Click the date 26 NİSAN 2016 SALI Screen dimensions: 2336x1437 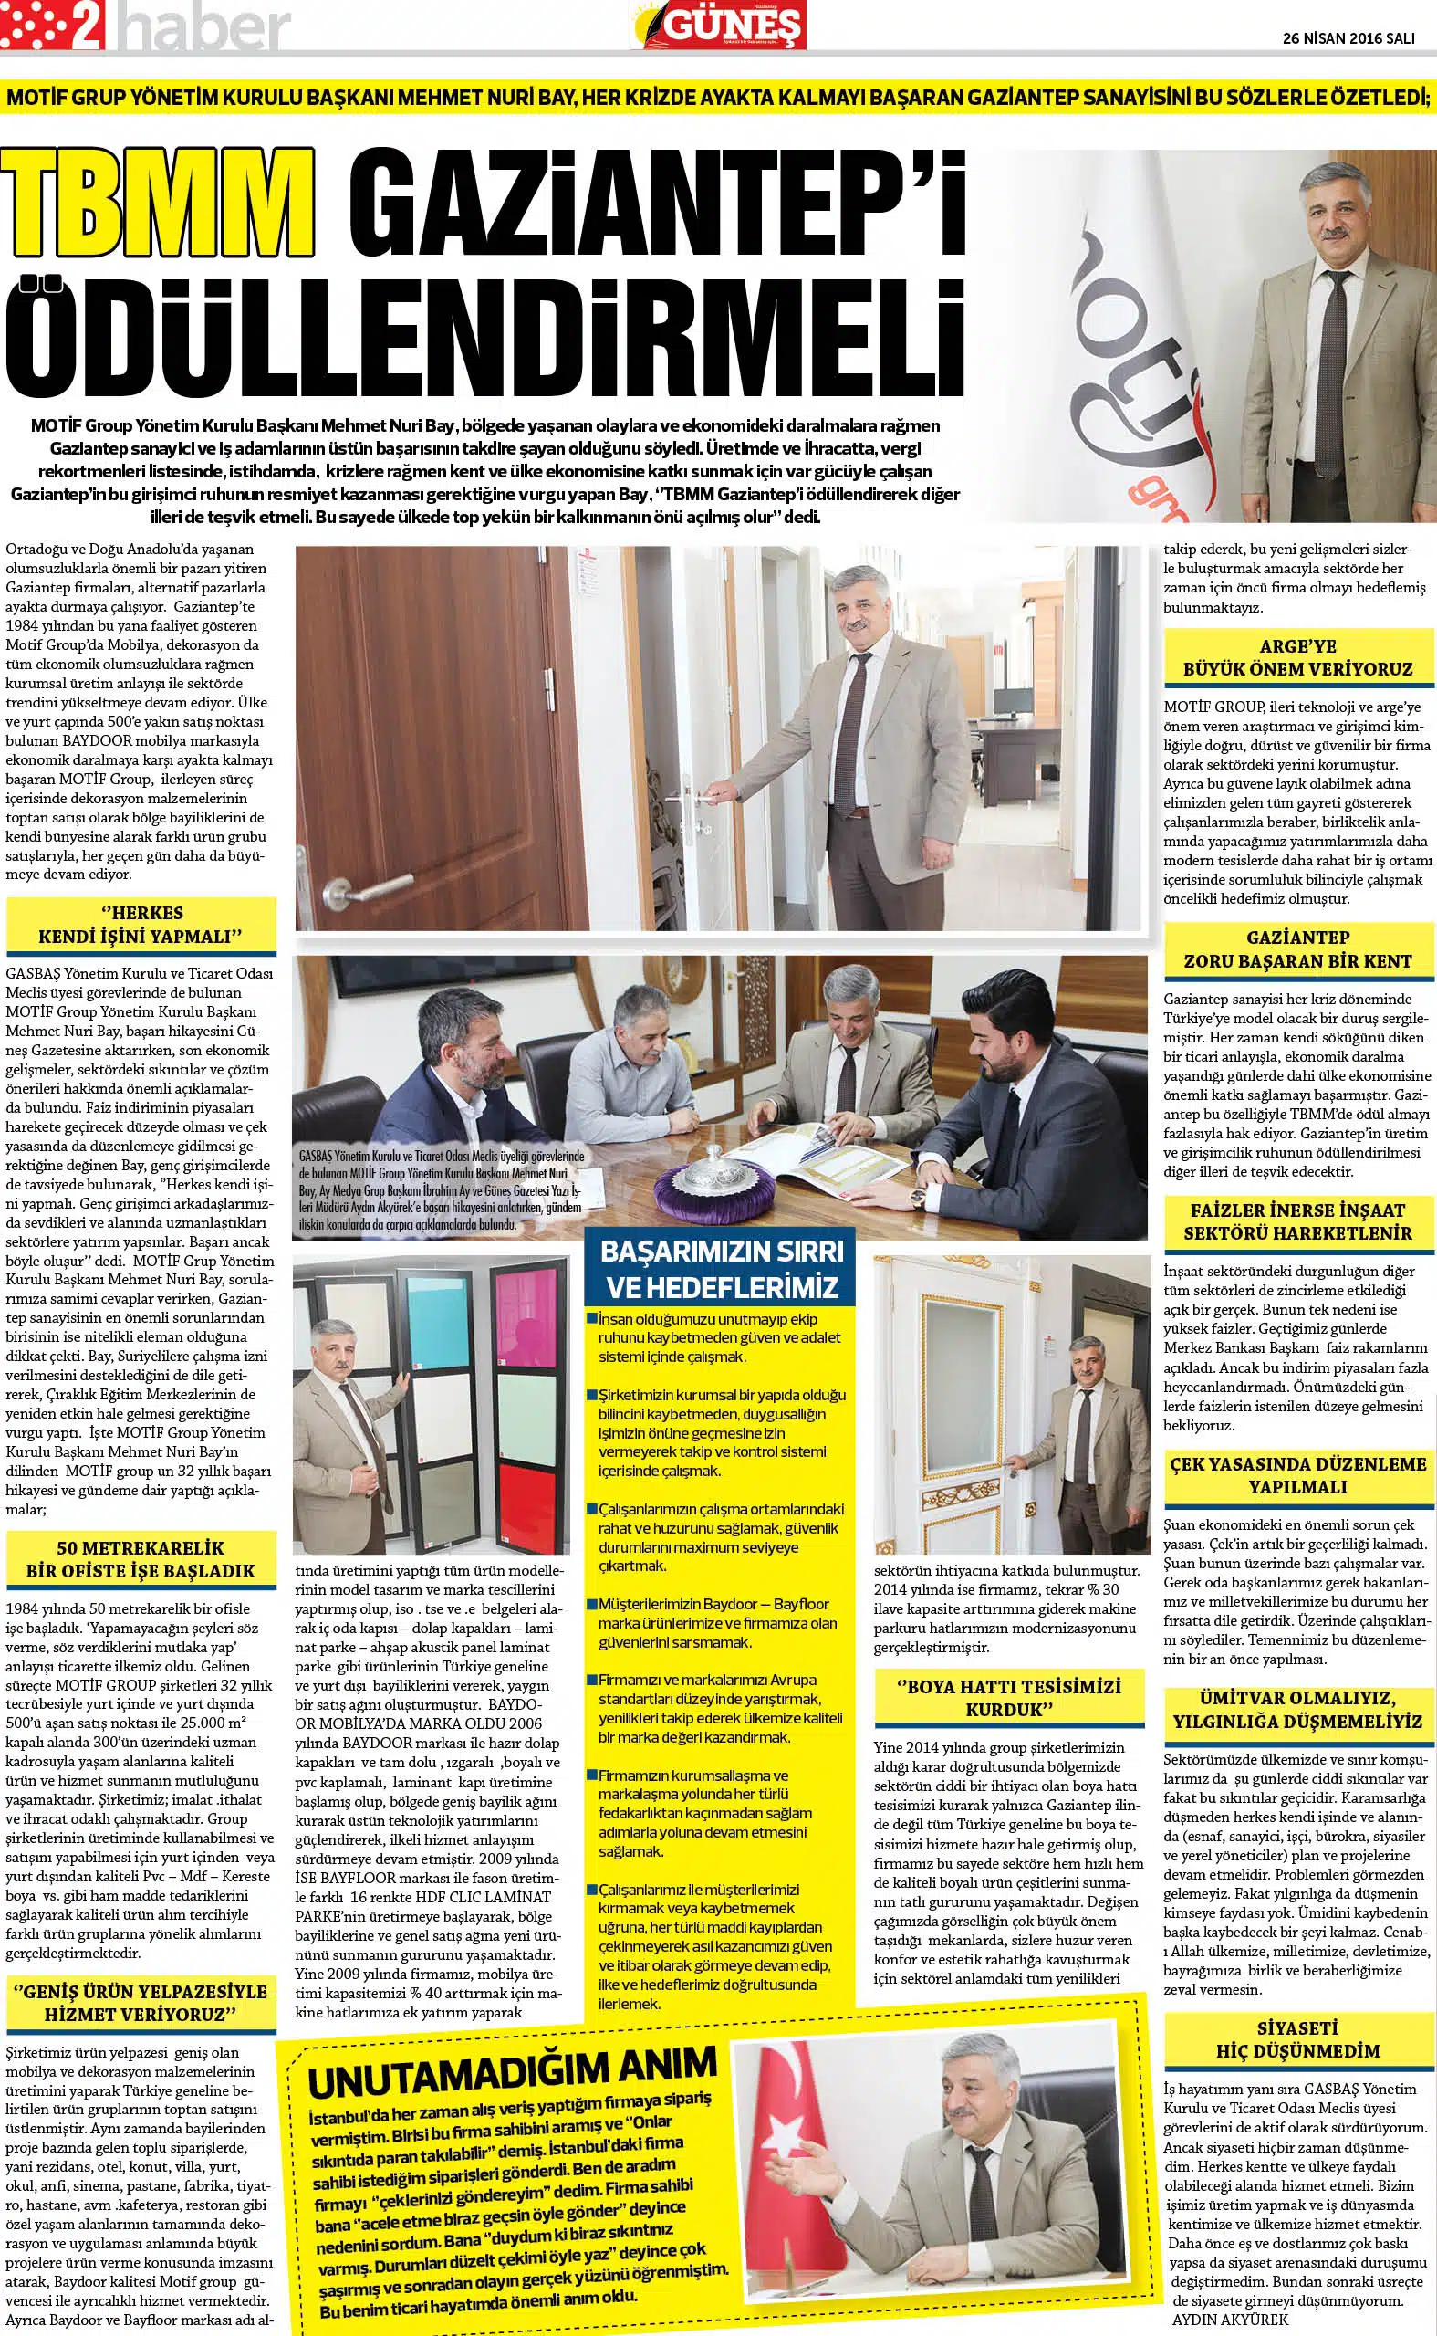[x=1348, y=39]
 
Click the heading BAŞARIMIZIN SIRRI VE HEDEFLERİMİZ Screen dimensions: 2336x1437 [x=721, y=1270]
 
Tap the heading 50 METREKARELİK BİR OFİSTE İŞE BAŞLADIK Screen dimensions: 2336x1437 [x=141, y=1560]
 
